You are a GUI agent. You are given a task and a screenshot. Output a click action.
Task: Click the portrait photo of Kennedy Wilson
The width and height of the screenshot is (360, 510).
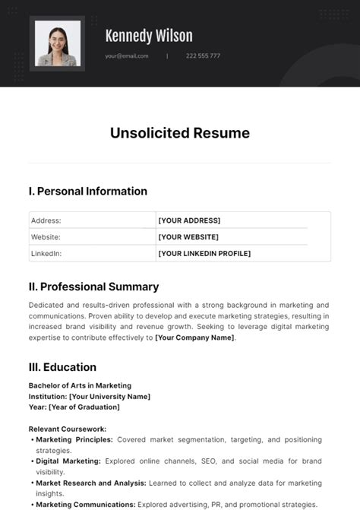click(57, 43)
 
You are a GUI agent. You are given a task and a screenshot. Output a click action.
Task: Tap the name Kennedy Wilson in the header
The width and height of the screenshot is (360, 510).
click(149, 36)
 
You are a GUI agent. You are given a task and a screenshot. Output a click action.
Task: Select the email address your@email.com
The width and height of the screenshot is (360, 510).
click(127, 55)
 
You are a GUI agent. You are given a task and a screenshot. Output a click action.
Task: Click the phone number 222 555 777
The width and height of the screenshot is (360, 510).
click(204, 55)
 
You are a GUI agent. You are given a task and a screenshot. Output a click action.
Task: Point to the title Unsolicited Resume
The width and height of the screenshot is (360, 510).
click(180, 134)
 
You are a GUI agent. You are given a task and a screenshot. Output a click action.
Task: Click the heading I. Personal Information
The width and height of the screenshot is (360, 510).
click(88, 191)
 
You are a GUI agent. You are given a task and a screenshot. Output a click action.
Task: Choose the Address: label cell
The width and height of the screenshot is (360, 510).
click(46, 220)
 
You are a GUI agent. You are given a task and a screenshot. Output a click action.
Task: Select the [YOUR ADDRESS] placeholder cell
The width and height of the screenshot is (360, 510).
click(189, 220)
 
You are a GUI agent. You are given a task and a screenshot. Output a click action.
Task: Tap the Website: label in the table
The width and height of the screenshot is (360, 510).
click(46, 237)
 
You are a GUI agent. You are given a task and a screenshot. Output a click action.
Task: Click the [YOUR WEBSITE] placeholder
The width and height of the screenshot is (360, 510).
click(189, 237)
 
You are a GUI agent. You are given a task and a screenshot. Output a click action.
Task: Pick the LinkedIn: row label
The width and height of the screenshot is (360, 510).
click(46, 253)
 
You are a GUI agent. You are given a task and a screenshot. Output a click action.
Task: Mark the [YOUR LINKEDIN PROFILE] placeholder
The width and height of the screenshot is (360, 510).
click(204, 253)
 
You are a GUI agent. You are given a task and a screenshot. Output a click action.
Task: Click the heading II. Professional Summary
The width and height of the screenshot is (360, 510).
click(93, 287)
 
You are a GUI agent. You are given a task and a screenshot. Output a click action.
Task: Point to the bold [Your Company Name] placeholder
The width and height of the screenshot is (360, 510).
click(195, 337)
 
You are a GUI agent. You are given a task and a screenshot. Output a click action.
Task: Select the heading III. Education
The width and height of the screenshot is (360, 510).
click(62, 367)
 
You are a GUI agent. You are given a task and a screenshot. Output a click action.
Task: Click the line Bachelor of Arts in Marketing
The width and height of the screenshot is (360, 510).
click(80, 385)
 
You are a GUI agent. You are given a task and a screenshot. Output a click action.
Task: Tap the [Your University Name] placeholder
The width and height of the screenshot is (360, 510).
click(109, 396)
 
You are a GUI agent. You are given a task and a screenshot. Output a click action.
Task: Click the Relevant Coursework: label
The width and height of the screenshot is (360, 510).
click(68, 429)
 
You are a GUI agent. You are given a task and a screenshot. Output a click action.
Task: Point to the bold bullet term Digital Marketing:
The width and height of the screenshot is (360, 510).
click(68, 461)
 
